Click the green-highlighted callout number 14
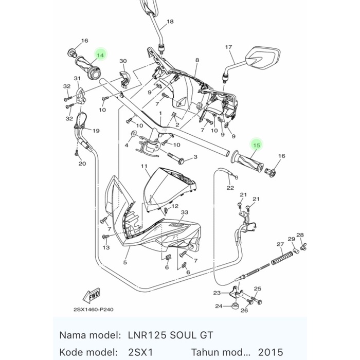coord(100,55)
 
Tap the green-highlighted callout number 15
coord(257,146)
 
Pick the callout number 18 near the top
coord(170,22)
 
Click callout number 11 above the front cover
coord(145,166)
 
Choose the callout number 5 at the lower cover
coord(125,262)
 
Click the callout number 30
coord(122,61)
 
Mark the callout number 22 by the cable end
coord(230,188)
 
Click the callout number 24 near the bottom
coord(219,306)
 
